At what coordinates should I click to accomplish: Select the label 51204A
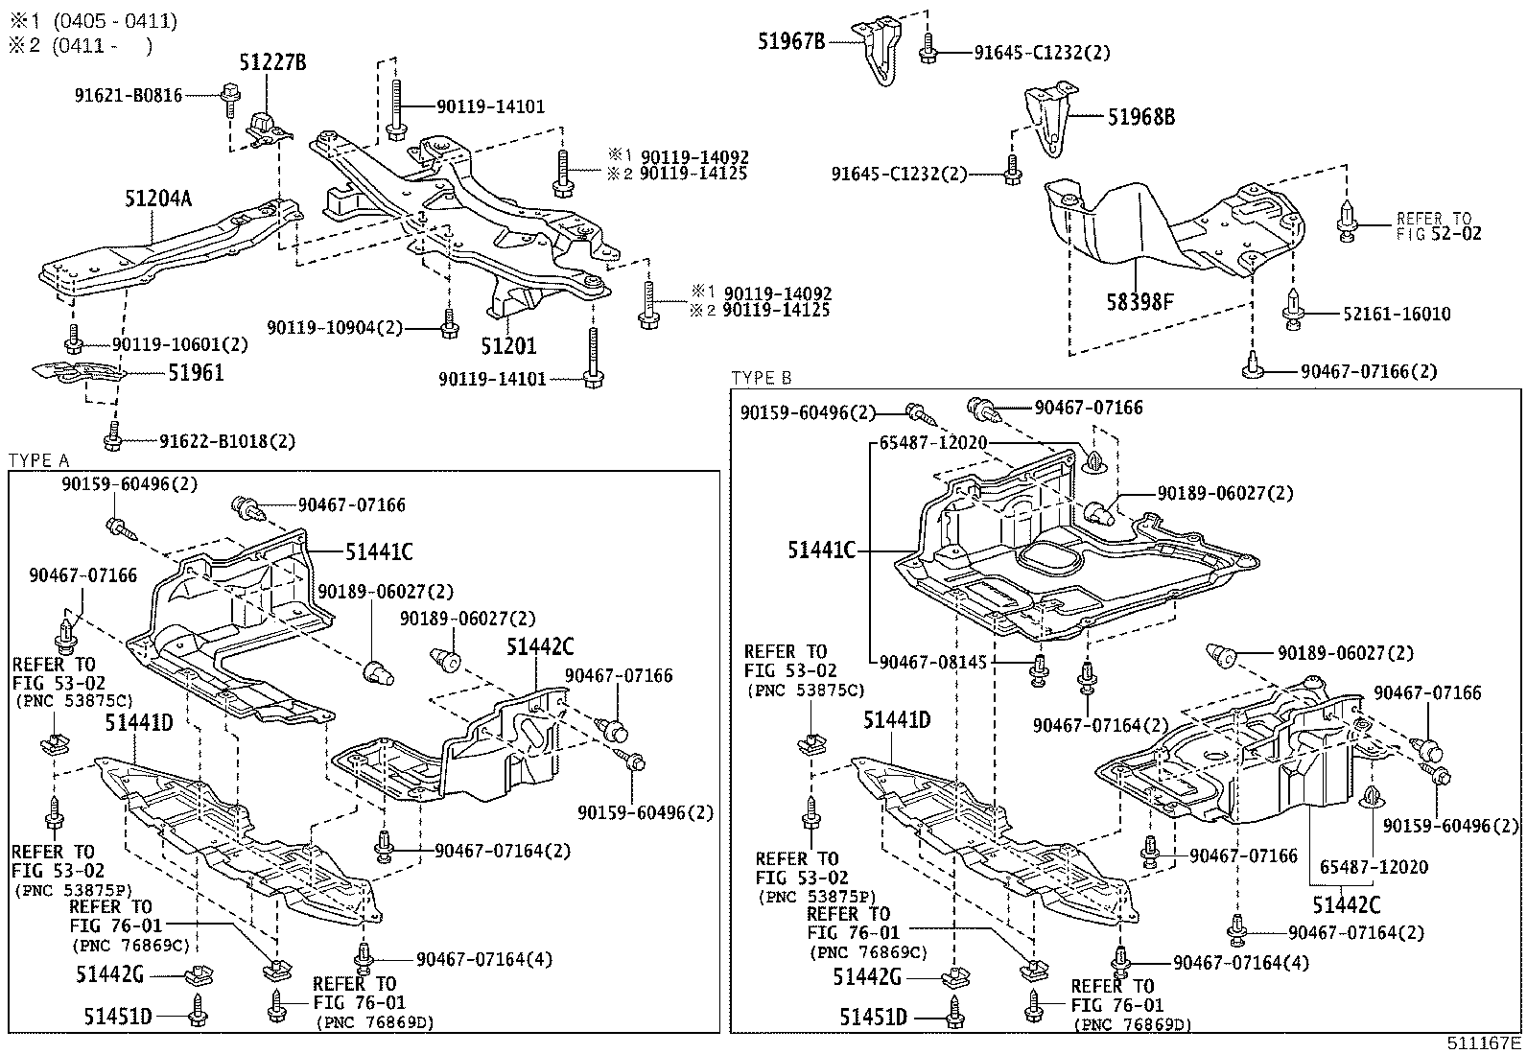point(157,199)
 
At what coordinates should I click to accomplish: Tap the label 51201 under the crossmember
point(508,346)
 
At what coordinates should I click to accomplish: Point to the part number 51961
point(196,373)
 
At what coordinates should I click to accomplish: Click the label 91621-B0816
point(128,95)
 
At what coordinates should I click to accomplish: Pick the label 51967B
point(792,41)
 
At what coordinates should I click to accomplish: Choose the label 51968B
point(1140,117)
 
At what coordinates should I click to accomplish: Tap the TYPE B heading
point(761,378)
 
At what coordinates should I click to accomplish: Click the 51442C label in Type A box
point(539,648)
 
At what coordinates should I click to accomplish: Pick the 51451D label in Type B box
point(873,1017)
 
